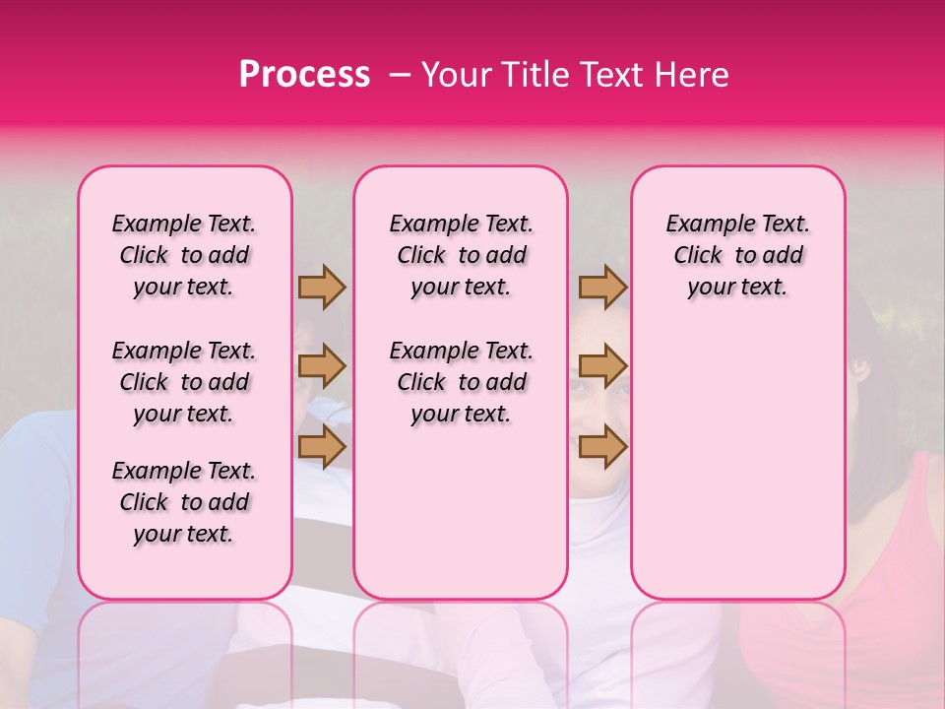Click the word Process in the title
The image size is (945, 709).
(304, 75)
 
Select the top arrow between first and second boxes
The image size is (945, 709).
(322, 288)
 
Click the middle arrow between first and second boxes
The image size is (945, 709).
(322, 366)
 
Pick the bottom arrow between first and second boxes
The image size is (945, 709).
(322, 446)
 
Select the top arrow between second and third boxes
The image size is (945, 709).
(602, 288)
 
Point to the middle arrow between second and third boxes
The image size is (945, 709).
(602, 366)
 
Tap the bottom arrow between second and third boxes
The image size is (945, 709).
(602, 446)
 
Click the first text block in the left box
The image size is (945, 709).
(184, 255)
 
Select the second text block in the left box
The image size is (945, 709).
(184, 382)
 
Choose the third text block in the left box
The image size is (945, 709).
(184, 502)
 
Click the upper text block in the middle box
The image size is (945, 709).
(462, 255)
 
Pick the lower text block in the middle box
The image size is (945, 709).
(462, 382)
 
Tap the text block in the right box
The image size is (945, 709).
(738, 255)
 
